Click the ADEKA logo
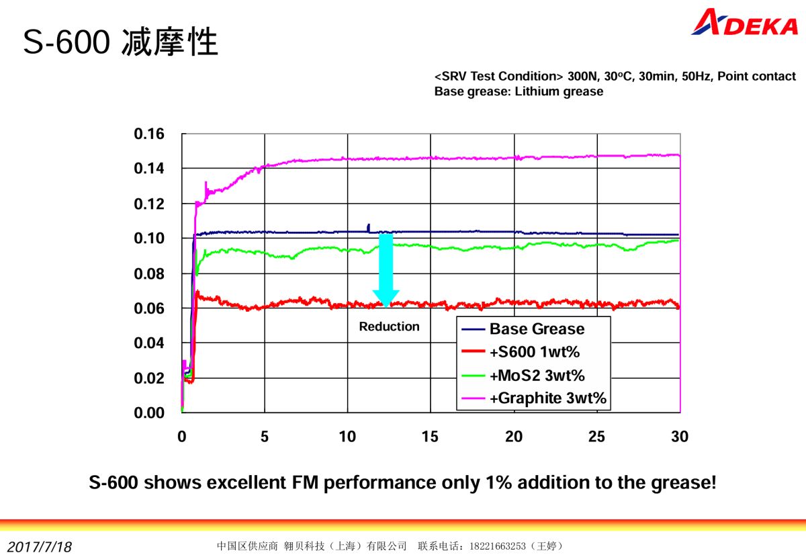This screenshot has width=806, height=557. coord(744,23)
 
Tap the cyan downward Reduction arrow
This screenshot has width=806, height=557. coord(386,269)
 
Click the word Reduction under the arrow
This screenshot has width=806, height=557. coord(389,327)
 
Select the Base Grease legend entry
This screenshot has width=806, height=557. coord(537,329)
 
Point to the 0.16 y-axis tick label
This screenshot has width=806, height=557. coord(149,134)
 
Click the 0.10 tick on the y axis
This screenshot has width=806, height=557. coord(149,239)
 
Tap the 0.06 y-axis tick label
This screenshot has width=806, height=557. coord(149,308)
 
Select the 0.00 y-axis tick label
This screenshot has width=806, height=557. coord(149,413)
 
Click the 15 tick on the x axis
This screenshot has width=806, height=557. coord(430,437)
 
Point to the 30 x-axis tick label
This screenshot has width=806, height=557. coord(680,437)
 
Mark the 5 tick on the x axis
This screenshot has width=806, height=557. coord(265,437)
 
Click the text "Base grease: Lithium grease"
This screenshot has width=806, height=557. coord(519,91)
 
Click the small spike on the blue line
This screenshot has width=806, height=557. coord(368,227)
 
